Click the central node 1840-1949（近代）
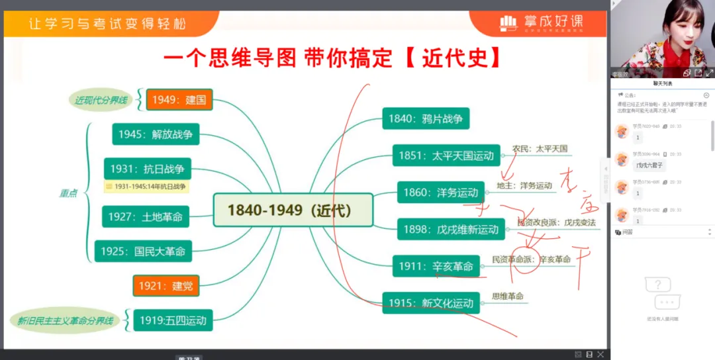pyautogui.click(x=293, y=210)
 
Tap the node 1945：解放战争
pyautogui.click(x=156, y=134)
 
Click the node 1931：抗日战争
pyautogui.click(x=147, y=169)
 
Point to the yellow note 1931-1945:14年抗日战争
pyautogui.click(x=146, y=187)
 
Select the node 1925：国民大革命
pyautogui.click(x=143, y=251)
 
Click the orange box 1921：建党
pyautogui.click(x=166, y=286)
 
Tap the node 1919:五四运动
pyautogui.click(x=173, y=321)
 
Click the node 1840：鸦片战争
pyautogui.click(x=426, y=119)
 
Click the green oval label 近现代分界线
pyautogui.click(x=100, y=101)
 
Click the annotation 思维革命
pyautogui.click(x=508, y=296)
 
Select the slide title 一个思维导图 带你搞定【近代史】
pyautogui.click(x=332, y=58)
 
